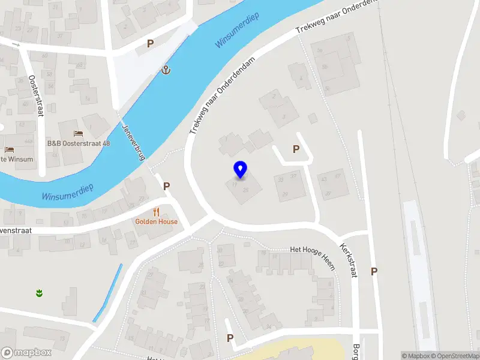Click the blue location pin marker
(x=241, y=170)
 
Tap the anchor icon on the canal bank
(x=166, y=71)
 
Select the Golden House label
(x=156, y=221)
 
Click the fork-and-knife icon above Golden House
(x=156, y=211)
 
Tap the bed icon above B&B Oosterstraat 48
(x=78, y=133)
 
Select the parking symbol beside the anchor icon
(x=151, y=43)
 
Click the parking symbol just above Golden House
(x=167, y=187)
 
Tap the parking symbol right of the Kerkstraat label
(x=374, y=271)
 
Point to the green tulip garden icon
(x=39, y=293)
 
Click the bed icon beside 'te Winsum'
(x=9, y=149)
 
